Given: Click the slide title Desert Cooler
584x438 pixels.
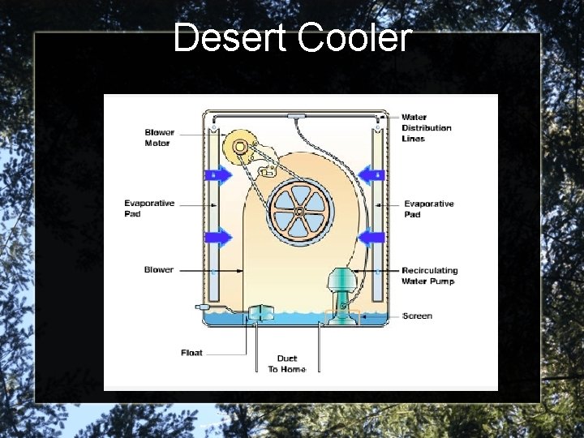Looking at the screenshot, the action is coord(293,37).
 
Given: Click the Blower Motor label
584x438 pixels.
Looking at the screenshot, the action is coord(159,138).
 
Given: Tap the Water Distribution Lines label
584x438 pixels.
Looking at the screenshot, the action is coord(427,128).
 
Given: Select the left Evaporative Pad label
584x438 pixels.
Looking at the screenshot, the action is coord(148,208).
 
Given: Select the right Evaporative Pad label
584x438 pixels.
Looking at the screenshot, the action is coord(429,208).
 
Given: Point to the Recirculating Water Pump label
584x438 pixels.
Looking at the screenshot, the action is coord(429,276).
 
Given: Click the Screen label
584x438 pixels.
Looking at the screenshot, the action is coord(417,316).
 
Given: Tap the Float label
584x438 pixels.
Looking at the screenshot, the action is coord(191,353).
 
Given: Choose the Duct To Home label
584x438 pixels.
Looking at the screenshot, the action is coord(287,363).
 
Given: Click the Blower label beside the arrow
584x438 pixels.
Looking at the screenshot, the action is coord(158,269).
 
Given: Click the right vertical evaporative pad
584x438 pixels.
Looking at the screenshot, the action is coord(378,211).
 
